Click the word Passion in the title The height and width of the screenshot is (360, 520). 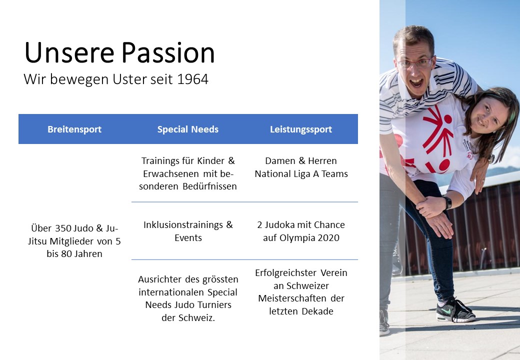pyautogui.click(x=168, y=52)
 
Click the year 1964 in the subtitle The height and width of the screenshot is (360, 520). pyautogui.click(x=192, y=79)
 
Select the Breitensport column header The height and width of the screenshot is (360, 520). pyautogui.click(x=74, y=129)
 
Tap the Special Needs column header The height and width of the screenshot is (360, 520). pyautogui.click(x=187, y=129)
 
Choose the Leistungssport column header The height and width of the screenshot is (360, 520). pyautogui.click(x=301, y=129)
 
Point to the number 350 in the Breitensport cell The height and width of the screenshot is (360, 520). pyautogui.click(x=63, y=228)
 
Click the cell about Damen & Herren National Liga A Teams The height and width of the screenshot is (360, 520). pyautogui.click(x=301, y=167)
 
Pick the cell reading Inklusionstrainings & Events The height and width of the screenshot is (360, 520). pyautogui.click(x=188, y=231)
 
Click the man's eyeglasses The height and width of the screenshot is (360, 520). pyautogui.click(x=415, y=62)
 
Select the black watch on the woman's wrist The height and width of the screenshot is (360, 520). pyautogui.click(x=447, y=202)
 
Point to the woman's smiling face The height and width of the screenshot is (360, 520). pyautogui.click(x=488, y=115)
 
